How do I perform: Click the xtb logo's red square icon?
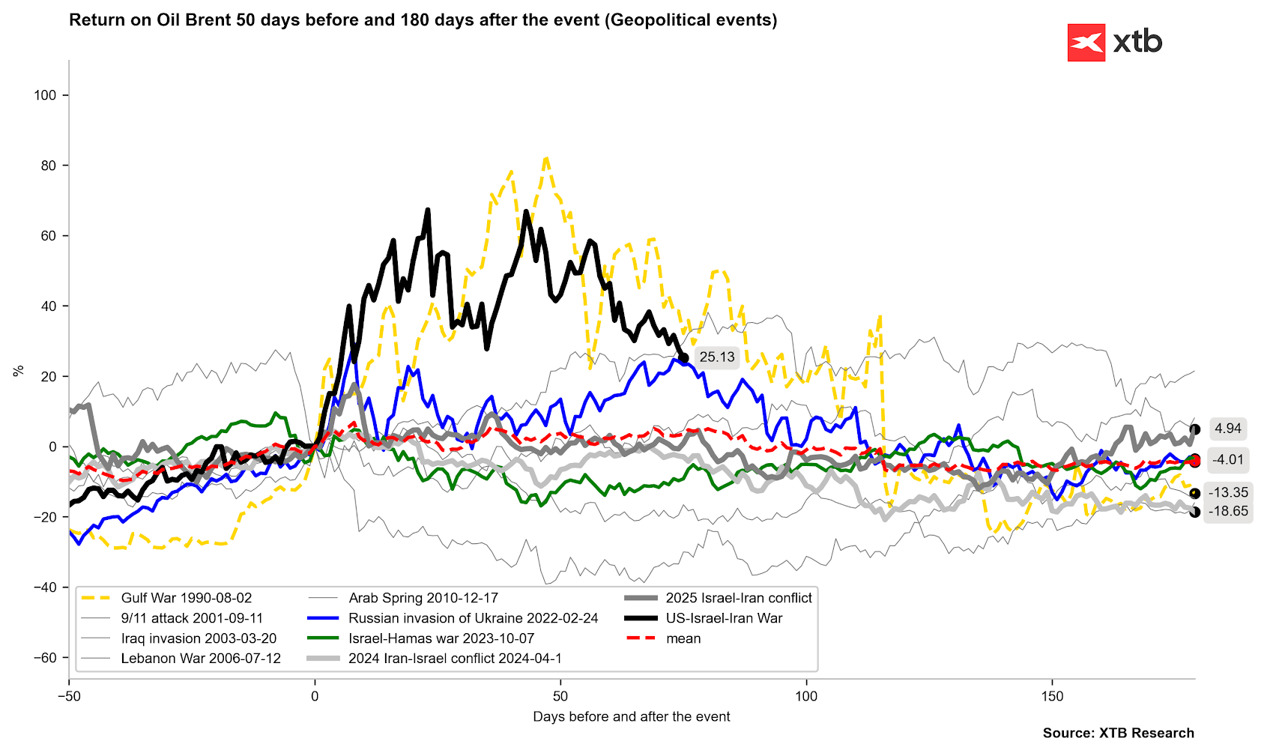click(x=1086, y=42)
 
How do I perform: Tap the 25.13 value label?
click(x=716, y=357)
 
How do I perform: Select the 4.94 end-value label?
click(x=1227, y=429)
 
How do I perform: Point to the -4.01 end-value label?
click(x=1227, y=460)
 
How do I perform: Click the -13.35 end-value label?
click(x=1228, y=492)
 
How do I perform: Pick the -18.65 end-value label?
click(x=1228, y=512)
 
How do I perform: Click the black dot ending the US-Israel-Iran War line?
click(x=683, y=358)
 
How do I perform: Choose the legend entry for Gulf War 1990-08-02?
click(x=166, y=598)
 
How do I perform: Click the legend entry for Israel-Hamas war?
click(x=421, y=639)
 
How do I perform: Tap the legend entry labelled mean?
click(x=664, y=639)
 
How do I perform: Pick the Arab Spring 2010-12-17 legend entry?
click(x=403, y=598)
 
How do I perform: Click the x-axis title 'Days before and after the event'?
click(x=631, y=716)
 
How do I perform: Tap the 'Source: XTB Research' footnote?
click(x=1118, y=733)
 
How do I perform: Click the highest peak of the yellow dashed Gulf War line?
click(x=546, y=158)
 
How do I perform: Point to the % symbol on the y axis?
click(x=19, y=371)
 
